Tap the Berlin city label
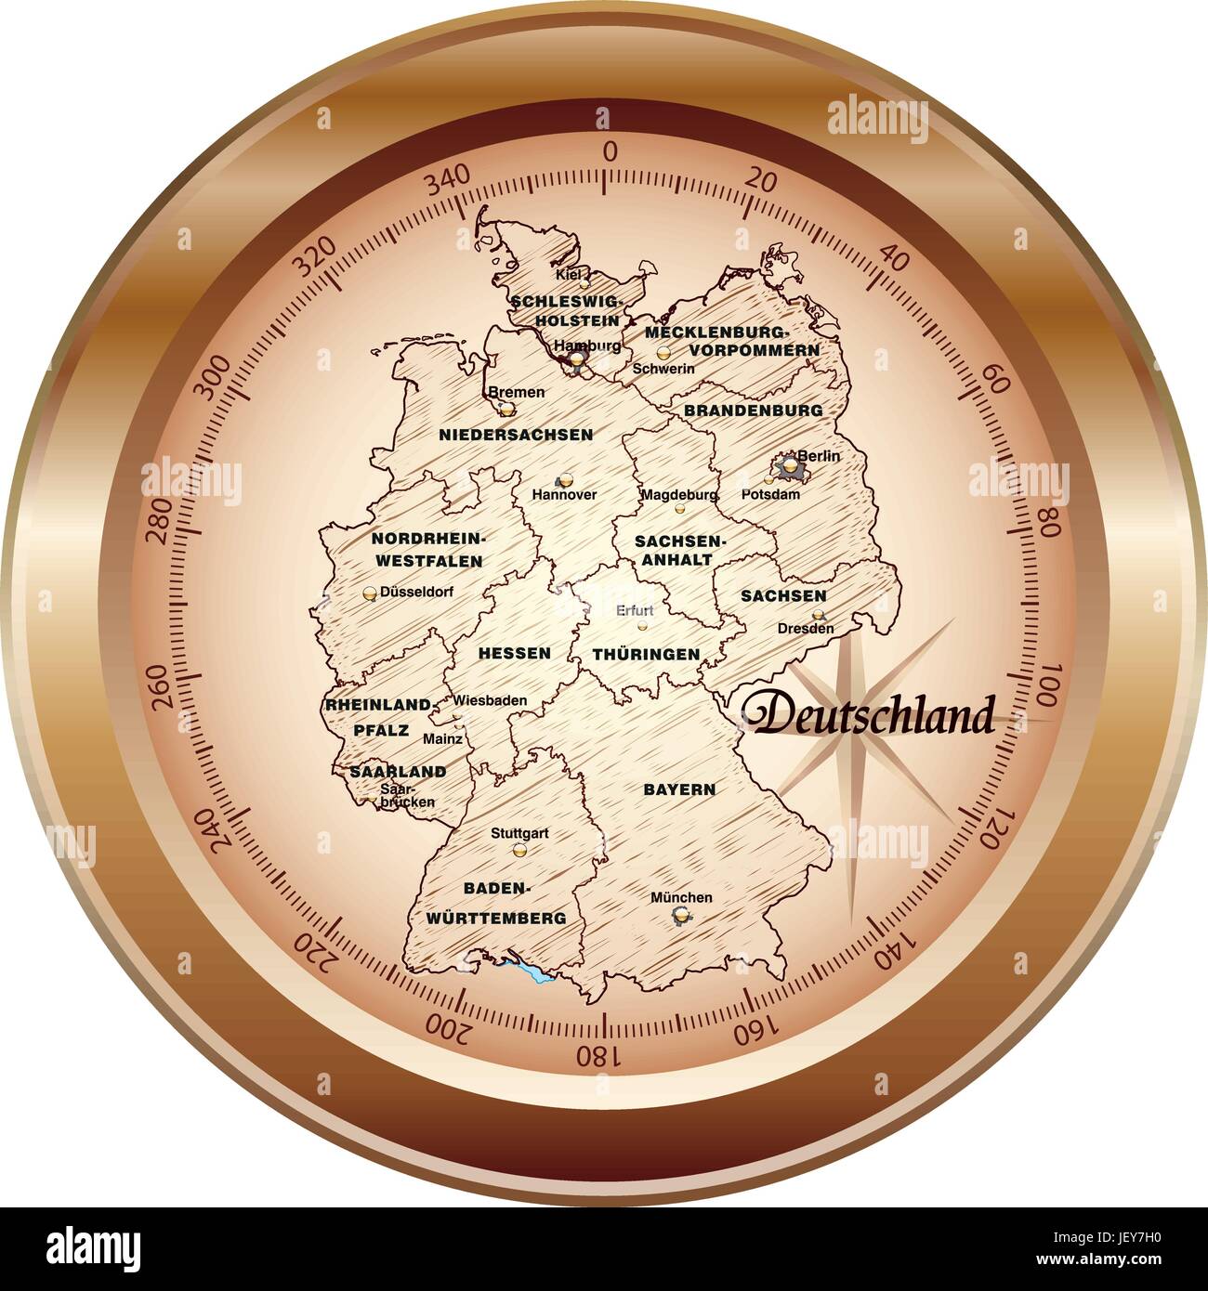pyautogui.click(x=823, y=455)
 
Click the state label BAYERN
pyautogui.click(x=679, y=789)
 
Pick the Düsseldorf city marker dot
pyautogui.click(x=370, y=592)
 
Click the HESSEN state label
pyautogui.click(x=514, y=653)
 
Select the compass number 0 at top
pyautogui.click(x=609, y=153)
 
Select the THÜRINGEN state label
pyautogui.click(x=646, y=654)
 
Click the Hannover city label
pyautogui.click(x=564, y=495)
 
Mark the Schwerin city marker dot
pyautogui.click(x=663, y=353)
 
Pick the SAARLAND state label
pyautogui.click(x=398, y=771)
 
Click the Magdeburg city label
pyautogui.click(x=678, y=495)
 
